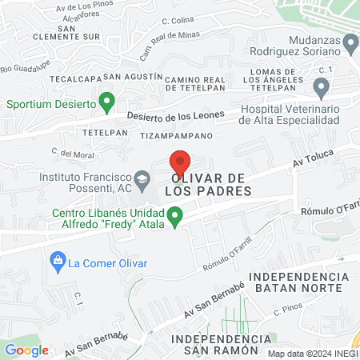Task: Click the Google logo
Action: pyautogui.click(x=26, y=350)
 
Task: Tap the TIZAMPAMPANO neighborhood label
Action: pyautogui.click(x=177, y=136)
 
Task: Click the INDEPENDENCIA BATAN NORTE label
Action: pyautogui.click(x=299, y=282)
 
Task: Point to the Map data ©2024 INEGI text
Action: pyautogui.click(x=312, y=353)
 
